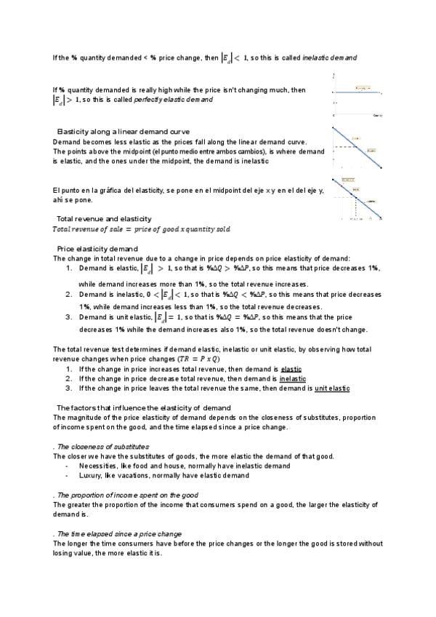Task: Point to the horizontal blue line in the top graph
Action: click(357, 92)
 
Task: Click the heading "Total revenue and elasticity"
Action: click(104, 218)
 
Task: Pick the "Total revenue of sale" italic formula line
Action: click(141, 229)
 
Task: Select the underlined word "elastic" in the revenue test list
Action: click(291, 370)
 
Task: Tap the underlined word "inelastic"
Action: click(292, 379)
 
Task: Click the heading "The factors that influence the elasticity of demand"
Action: click(143, 407)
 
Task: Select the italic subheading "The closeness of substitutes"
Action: click(102, 446)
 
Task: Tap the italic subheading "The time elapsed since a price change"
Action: click(119, 533)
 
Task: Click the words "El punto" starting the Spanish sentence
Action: click(65, 190)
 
